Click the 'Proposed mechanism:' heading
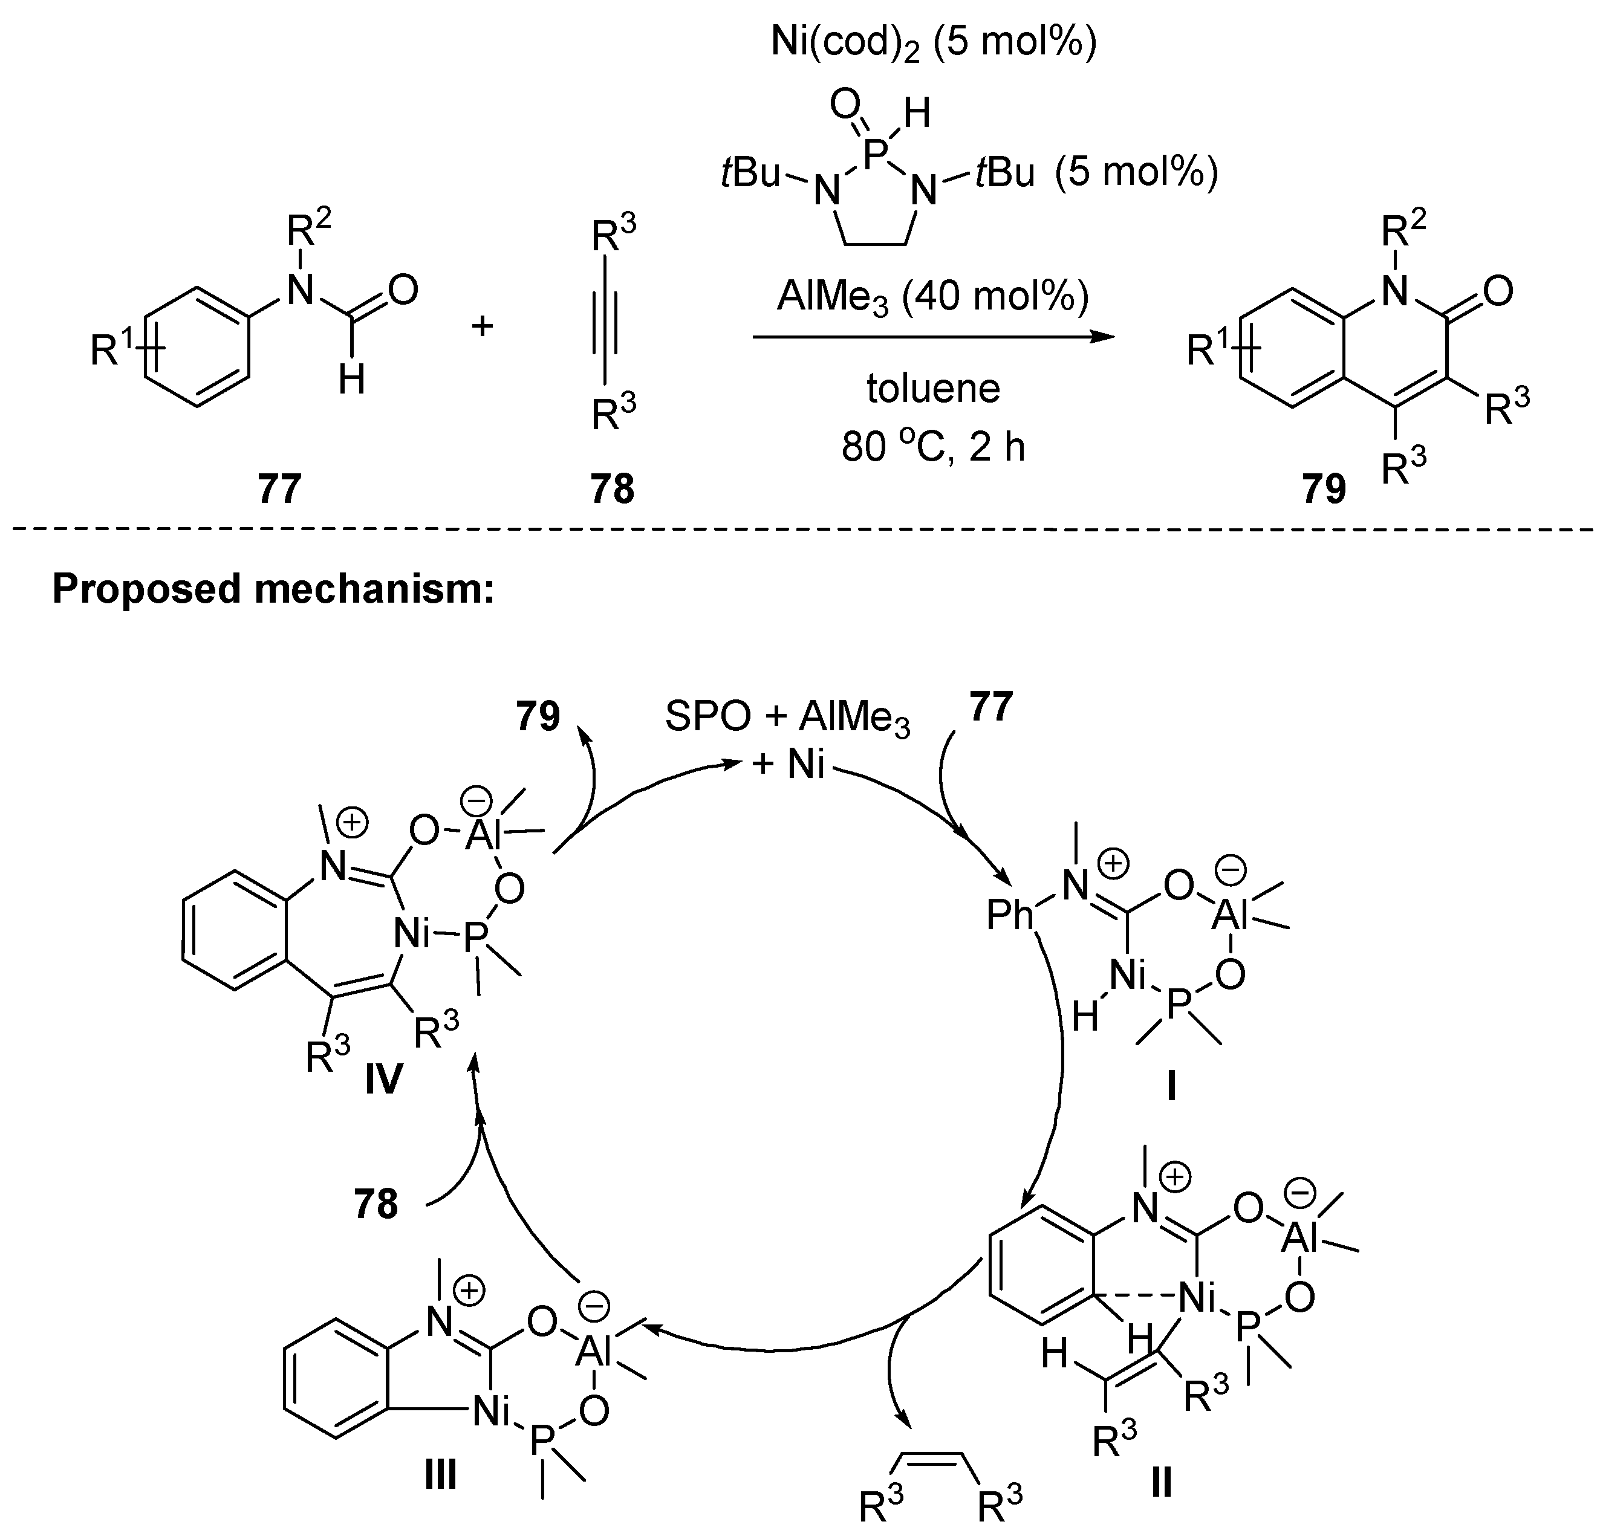coord(273,588)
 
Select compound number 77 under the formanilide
coord(280,489)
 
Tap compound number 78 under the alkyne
coord(612,489)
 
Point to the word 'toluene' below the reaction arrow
coord(933,389)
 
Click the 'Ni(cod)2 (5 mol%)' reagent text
coord(933,42)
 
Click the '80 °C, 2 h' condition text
coord(933,447)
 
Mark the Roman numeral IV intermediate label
coord(383,1079)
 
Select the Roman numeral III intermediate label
coord(440,1474)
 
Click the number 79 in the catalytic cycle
coord(538,716)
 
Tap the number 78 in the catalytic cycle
coord(376,1204)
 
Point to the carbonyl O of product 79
coord(1498,291)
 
